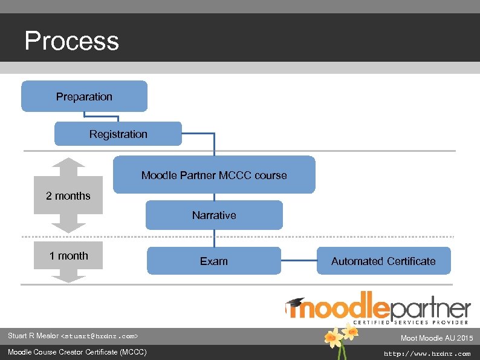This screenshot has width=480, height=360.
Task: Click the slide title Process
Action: tap(71, 41)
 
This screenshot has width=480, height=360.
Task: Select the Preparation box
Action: tap(84, 97)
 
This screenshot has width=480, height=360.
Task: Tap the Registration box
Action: tap(118, 134)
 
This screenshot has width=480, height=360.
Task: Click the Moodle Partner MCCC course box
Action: tap(214, 175)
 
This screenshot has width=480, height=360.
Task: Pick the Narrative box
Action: tap(214, 215)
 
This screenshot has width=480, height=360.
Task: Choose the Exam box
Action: tap(214, 261)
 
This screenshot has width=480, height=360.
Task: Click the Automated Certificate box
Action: tap(383, 261)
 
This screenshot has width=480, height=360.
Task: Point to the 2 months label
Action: tap(68, 196)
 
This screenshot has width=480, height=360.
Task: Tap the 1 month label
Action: tap(68, 256)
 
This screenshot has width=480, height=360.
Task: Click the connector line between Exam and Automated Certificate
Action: tap(299, 261)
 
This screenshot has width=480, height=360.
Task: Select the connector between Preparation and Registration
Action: tap(118, 117)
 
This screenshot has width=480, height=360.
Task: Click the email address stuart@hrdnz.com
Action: tap(100, 336)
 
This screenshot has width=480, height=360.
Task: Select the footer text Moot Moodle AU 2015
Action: tap(436, 338)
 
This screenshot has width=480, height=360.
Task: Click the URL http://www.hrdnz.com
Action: tap(427, 353)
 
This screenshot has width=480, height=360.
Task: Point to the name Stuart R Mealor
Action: tap(33, 336)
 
